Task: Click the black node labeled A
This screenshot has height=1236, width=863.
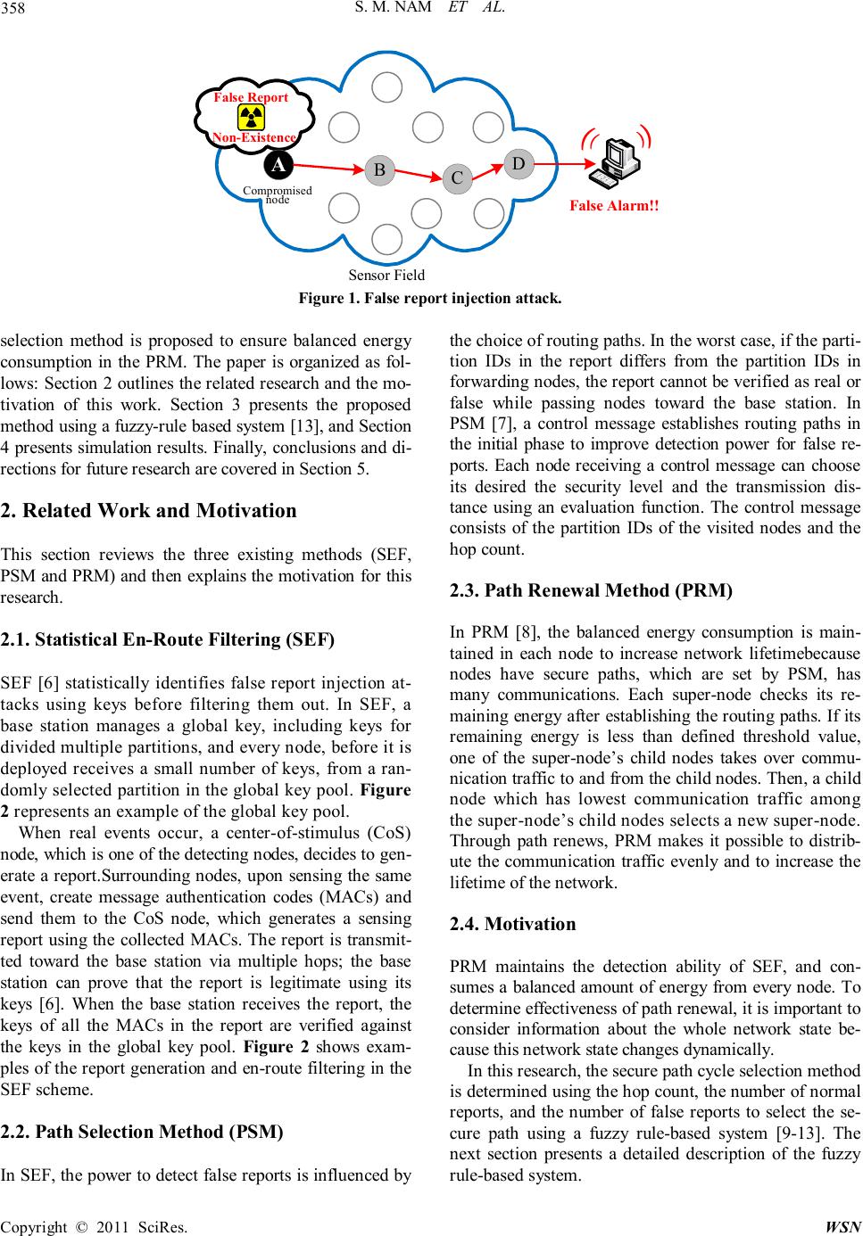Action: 278,166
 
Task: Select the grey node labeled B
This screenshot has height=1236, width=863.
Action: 379,169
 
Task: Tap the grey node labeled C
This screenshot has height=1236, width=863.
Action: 457,178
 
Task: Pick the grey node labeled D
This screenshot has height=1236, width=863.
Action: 519,163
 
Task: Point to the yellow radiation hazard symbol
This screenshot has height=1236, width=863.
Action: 252,118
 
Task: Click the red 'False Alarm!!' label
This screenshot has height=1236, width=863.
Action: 614,206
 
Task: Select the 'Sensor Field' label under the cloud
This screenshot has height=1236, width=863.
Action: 386,275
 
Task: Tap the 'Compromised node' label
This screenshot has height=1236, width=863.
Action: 278,195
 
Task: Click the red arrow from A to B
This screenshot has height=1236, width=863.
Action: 327,167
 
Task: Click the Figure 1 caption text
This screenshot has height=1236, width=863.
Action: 430,298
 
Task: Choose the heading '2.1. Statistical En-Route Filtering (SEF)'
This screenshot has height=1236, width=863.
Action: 168,639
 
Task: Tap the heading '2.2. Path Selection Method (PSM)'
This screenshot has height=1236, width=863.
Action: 142,1132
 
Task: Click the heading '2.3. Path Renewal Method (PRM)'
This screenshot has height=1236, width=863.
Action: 591,590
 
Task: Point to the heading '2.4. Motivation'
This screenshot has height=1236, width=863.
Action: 513,924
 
